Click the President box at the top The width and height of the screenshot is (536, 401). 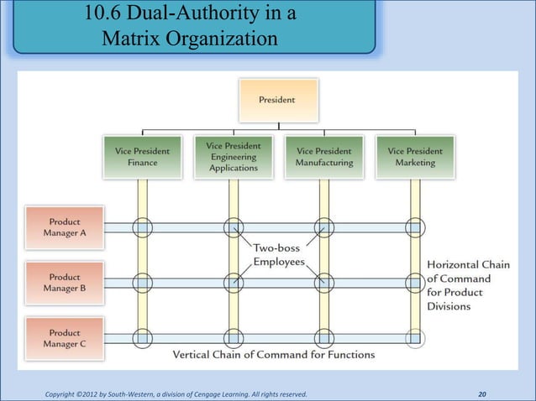[x=277, y=100]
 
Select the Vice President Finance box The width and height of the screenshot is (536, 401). [x=142, y=157]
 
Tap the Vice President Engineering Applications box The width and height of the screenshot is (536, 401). [x=234, y=157]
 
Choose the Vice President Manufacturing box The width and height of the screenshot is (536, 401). [x=324, y=157]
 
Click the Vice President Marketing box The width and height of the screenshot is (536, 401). [x=415, y=157]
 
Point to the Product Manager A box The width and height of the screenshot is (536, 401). [x=66, y=227]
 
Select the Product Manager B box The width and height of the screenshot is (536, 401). [x=66, y=282]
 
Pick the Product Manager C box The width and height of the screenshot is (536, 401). [x=66, y=338]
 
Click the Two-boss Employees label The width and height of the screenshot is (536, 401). [x=281, y=255]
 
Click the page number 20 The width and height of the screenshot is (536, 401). [x=482, y=393]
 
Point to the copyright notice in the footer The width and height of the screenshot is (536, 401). [x=176, y=393]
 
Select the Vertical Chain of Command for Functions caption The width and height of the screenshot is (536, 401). [x=274, y=355]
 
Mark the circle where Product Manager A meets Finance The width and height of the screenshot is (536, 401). [x=142, y=227]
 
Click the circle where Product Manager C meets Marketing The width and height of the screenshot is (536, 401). [x=415, y=338]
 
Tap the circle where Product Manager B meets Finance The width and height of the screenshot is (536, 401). [x=142, y=283]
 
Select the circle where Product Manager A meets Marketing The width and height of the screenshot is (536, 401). [x=415, y=227]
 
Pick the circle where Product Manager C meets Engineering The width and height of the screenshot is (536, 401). [x=234, y=338]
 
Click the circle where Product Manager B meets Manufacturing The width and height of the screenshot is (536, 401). [x=324, y=283]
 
